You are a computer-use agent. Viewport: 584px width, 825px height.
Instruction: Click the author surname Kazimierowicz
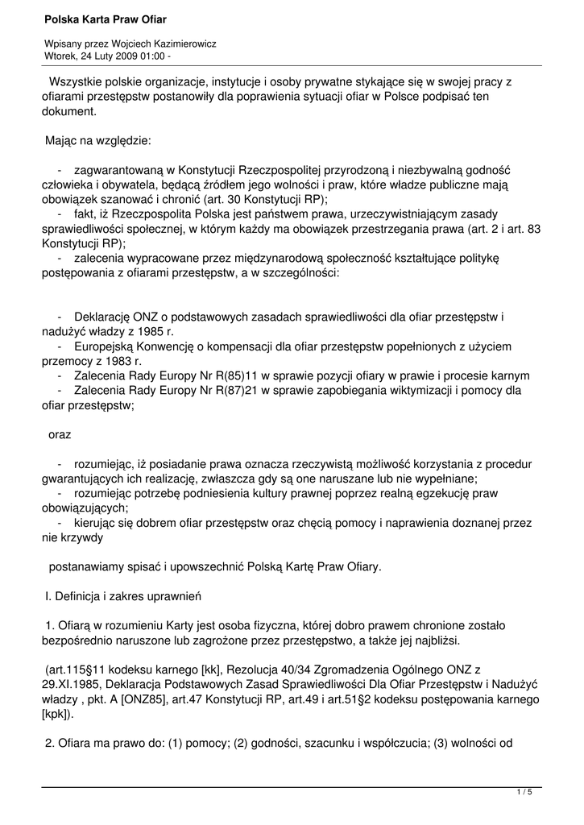pyautogui.click(x=178, y=44)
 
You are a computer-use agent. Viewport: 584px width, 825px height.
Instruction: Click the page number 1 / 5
pyautogui.click(x=524, y=793)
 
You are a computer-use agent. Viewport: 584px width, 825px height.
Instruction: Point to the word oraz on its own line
pyautogui.click(x=60, y=434)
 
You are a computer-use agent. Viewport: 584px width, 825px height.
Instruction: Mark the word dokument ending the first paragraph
pyautogui.click(x=68, y=111)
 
